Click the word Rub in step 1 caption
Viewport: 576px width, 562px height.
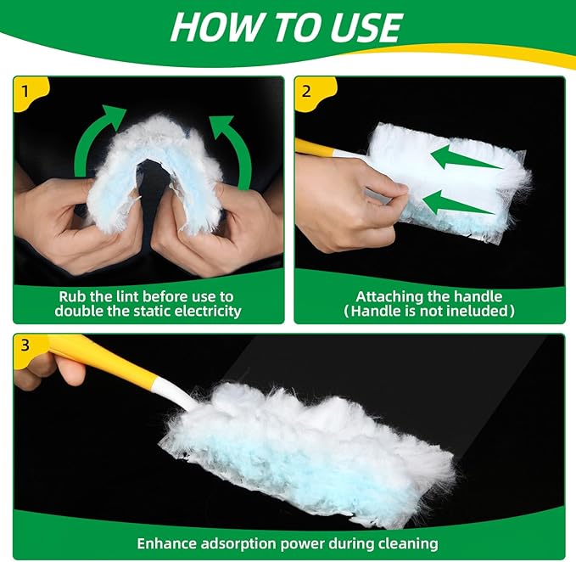coord(72,296)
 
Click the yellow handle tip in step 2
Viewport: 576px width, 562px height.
coord(316,148)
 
